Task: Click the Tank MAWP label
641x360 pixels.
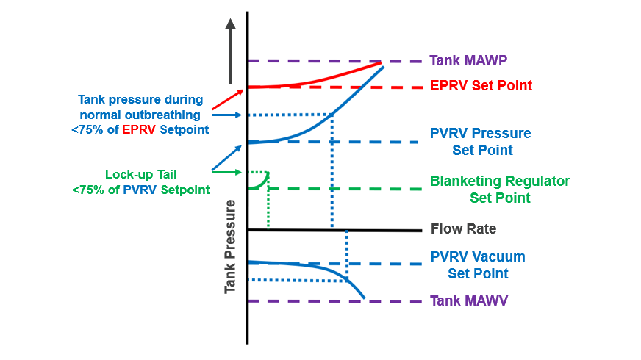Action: coord(468,60)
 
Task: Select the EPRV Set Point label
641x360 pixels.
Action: coord(481,86)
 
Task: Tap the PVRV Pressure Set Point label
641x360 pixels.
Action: coord(480,142)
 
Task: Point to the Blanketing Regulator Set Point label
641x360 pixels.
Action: coord(500,189)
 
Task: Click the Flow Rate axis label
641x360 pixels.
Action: coord(463,228)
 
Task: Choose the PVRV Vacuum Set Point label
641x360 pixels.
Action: coord(478,265)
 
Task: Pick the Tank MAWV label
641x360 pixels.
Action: coord(468,300)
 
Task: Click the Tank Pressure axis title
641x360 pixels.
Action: coord(231,245)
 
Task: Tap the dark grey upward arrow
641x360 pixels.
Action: coord(231,51)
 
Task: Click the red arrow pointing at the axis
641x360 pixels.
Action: coord(227,99)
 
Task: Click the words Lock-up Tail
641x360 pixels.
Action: coord(141,175)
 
